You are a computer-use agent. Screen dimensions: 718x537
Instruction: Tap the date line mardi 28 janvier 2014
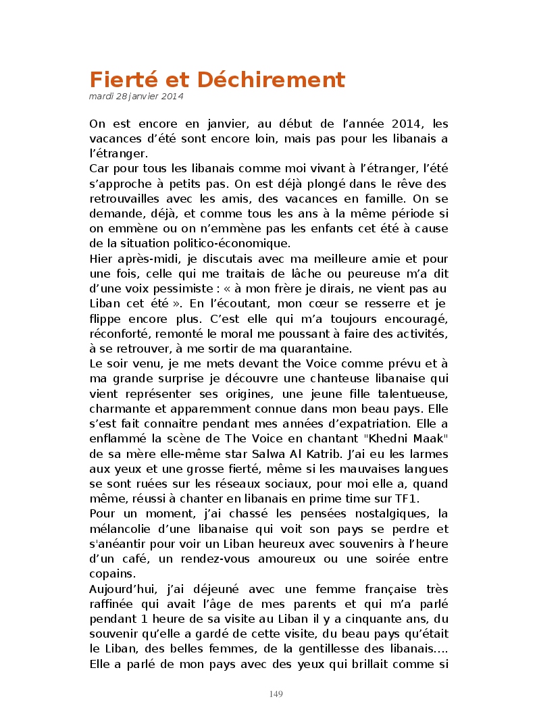(136, 96)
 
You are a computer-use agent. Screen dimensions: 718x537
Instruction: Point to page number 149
(276, 694)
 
